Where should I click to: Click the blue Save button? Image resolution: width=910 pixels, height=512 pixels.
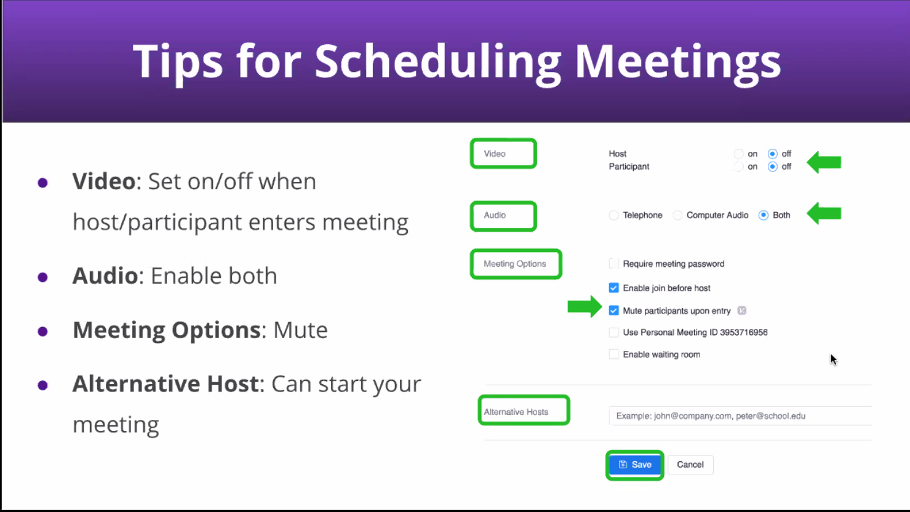[x=634, y=465]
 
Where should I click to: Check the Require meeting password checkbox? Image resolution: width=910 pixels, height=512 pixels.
[x=613, y=264]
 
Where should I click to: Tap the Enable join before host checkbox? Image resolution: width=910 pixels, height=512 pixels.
[x=613, y=288]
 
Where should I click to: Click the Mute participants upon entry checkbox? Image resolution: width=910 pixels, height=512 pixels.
[x=613, y=311]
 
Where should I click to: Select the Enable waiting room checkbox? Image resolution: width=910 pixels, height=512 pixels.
[x=613, y=355]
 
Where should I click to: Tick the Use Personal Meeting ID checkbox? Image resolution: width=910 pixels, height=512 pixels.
[x=613, y=333]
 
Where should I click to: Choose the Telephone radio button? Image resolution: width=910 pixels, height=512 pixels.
[x=613, y=215]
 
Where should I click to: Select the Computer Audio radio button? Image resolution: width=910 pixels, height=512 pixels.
[x=677, y=215]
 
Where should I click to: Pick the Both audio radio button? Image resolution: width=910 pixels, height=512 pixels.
[x=764, y=215]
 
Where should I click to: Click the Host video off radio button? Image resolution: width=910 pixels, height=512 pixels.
[x=772, y=154]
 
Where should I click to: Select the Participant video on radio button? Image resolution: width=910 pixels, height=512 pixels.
[x=738, y=167]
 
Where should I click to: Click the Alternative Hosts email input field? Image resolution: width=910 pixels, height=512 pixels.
[x=740, y=416]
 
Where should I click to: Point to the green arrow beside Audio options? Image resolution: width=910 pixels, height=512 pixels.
[x=824, y=213]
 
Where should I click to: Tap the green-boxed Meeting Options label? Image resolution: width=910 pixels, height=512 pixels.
[x=516, y=264]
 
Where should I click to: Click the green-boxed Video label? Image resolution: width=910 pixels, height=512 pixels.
[x=503, y=154]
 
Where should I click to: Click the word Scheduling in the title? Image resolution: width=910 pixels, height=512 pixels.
[x=438, y=63]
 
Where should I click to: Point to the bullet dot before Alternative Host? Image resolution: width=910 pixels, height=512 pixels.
[x=42, y=385]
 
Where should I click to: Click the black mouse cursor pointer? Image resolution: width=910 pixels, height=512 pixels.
[x=834, y=360]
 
